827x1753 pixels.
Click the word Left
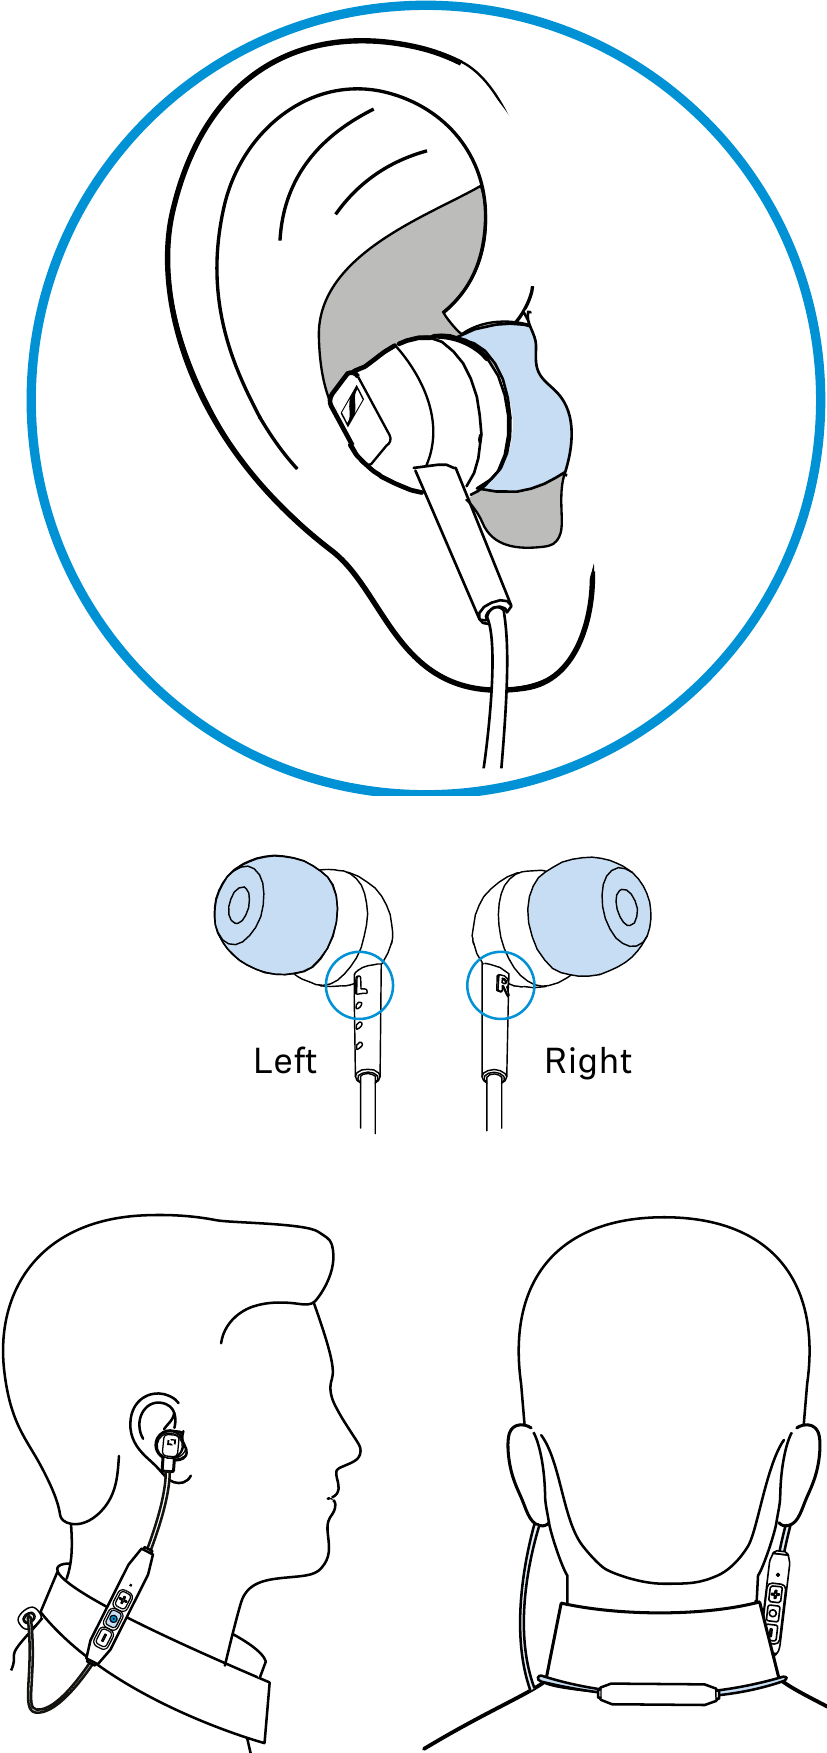(285, 1061)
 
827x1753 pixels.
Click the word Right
(588, 1061)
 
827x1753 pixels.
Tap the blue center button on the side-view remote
(113, 1618)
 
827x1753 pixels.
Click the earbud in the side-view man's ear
(172, 1445)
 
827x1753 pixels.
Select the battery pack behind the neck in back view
(658, 1692)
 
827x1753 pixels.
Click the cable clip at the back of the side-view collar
(27, 1617)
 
